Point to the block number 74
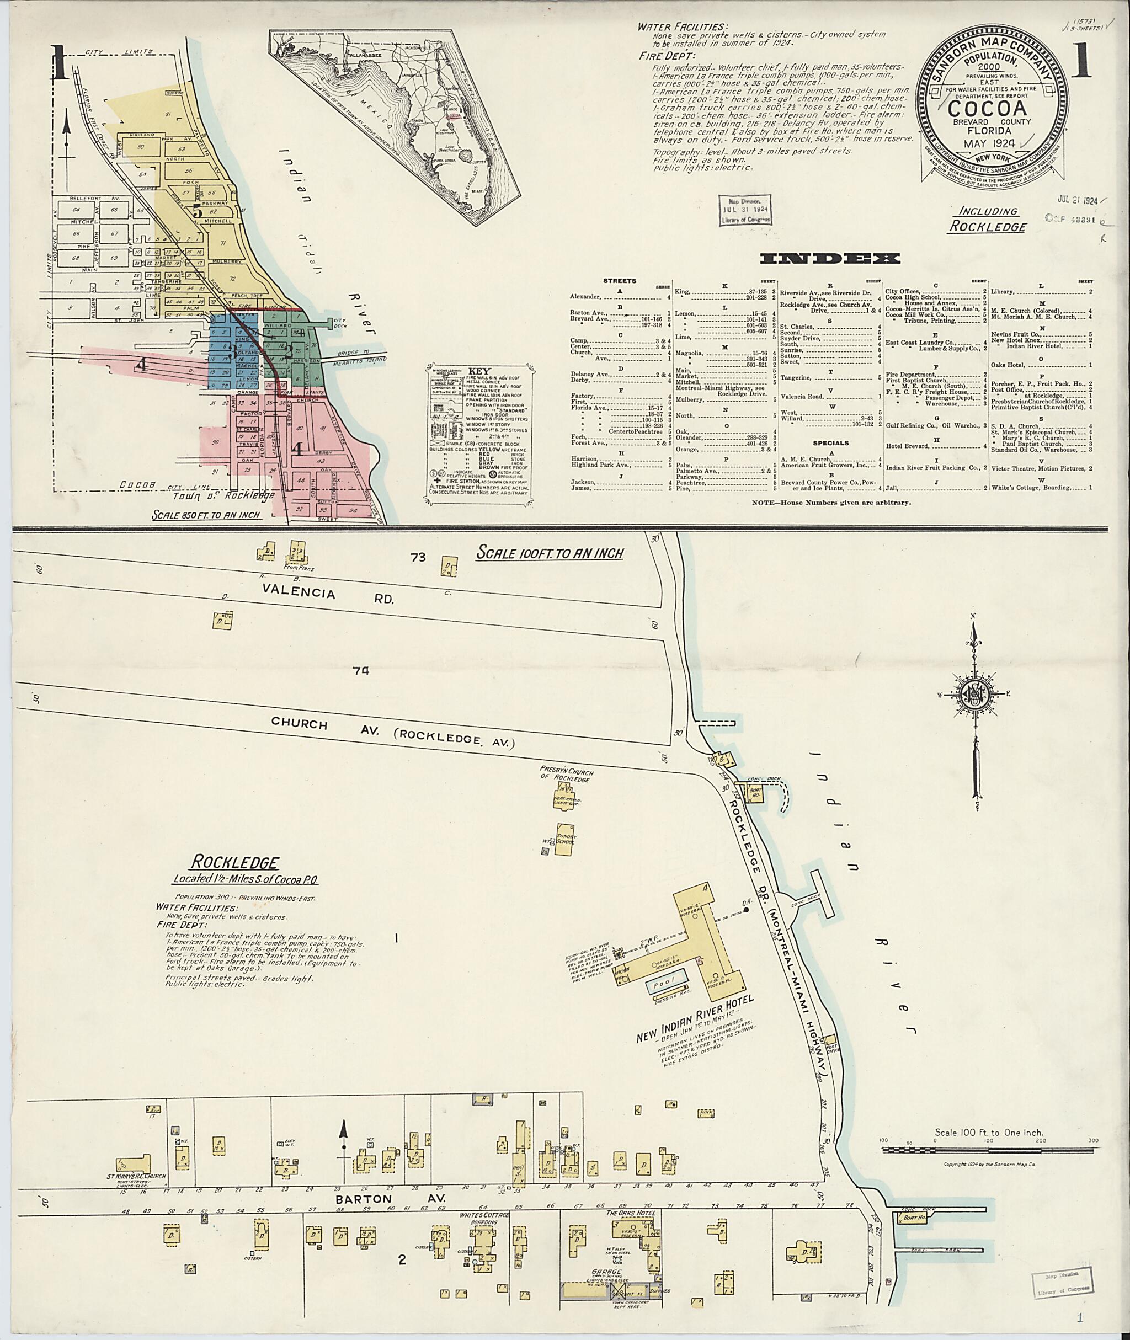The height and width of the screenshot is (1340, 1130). click(361, 671)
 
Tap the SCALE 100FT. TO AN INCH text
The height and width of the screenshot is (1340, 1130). click(550, 553)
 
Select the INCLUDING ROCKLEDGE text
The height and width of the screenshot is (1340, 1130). click(988, 218)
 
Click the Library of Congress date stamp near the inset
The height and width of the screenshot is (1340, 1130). click(744, 210)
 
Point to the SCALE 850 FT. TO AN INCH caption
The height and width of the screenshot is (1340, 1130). click(207, 514)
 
